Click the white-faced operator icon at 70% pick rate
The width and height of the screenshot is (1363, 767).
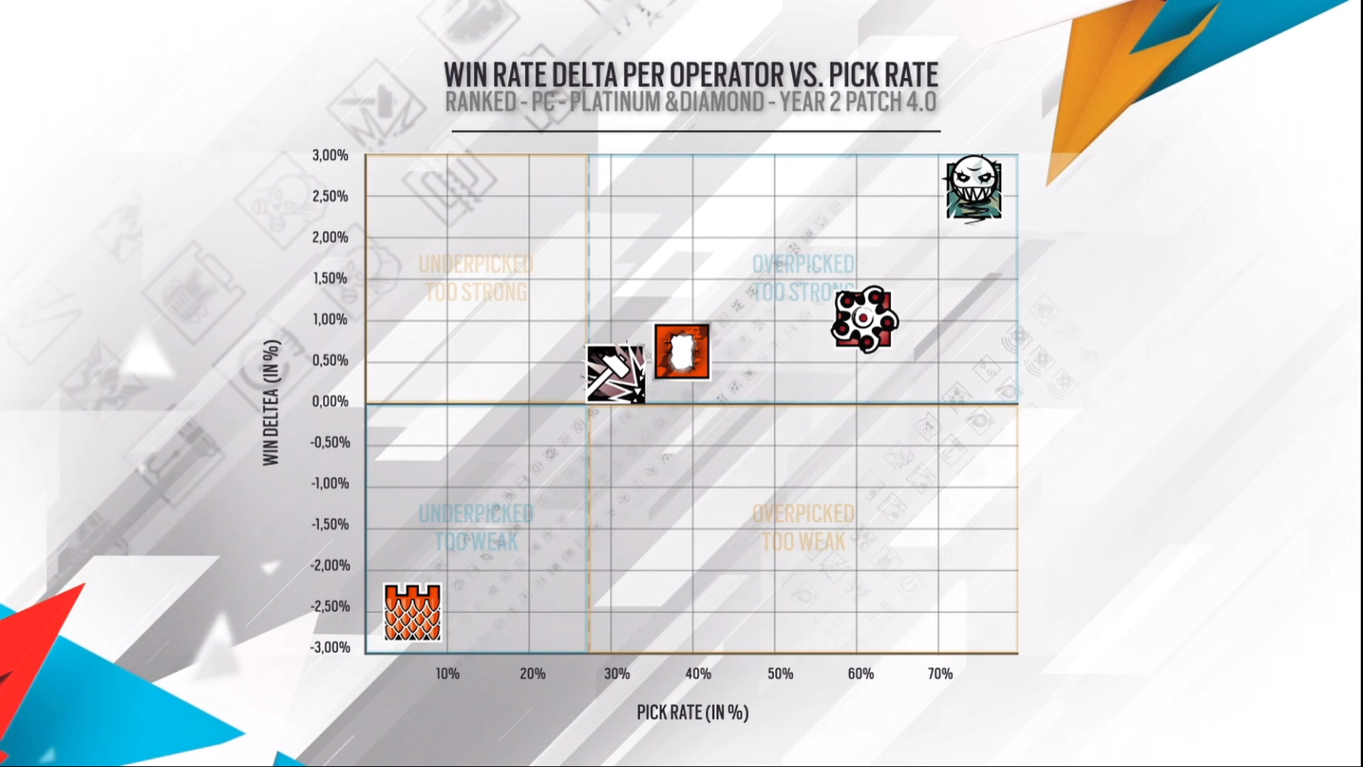click(973, 188)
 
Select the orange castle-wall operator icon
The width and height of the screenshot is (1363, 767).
click(412, 612)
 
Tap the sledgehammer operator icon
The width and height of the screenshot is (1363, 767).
click(616, 374)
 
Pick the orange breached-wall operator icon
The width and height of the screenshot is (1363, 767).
click(682, 351)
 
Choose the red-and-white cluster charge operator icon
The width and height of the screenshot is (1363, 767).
click(864, 319)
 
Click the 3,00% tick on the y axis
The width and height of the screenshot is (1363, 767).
click(330, 155)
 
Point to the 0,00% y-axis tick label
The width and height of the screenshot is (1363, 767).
click(330, 402)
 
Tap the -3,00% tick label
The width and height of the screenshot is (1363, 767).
click(330, 648)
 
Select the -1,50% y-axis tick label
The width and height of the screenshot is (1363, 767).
click(330, 525)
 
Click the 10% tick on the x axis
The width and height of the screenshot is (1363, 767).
click(447, 673)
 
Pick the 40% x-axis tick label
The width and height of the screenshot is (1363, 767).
click(698, 673)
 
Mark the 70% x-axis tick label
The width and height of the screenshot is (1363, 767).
click(940, 673)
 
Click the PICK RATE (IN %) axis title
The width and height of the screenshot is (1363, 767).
click(692, 712)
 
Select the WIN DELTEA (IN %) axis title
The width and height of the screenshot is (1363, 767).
click(272, 402)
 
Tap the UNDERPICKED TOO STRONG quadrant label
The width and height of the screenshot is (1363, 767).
click(476, 279)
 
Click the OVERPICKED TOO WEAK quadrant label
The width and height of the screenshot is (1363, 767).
click(803, 528)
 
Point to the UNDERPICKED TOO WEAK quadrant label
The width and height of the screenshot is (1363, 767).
click(476, 528)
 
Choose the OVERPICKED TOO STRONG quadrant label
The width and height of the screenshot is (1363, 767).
click(803, 279)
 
